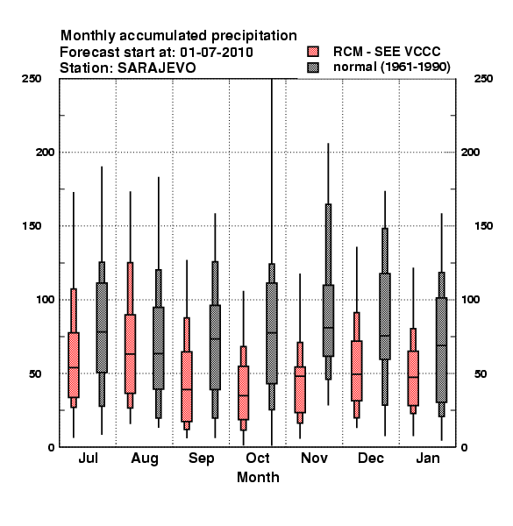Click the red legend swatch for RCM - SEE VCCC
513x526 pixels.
[313, 52]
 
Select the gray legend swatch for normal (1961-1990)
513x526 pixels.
[313, 68]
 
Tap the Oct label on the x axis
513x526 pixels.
[258, 458]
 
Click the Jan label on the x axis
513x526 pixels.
[428, 458]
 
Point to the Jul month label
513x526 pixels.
[89, 458]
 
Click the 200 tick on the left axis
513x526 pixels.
[45, 152]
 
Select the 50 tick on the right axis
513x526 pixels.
[481, 373]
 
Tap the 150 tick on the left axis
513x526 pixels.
[32, 226]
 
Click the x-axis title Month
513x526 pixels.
[258, 477]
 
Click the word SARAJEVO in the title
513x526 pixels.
[157, 68]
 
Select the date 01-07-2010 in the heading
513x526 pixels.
[217, 53]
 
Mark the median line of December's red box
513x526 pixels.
[357, 374]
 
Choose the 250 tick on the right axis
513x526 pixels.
[483, 79]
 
